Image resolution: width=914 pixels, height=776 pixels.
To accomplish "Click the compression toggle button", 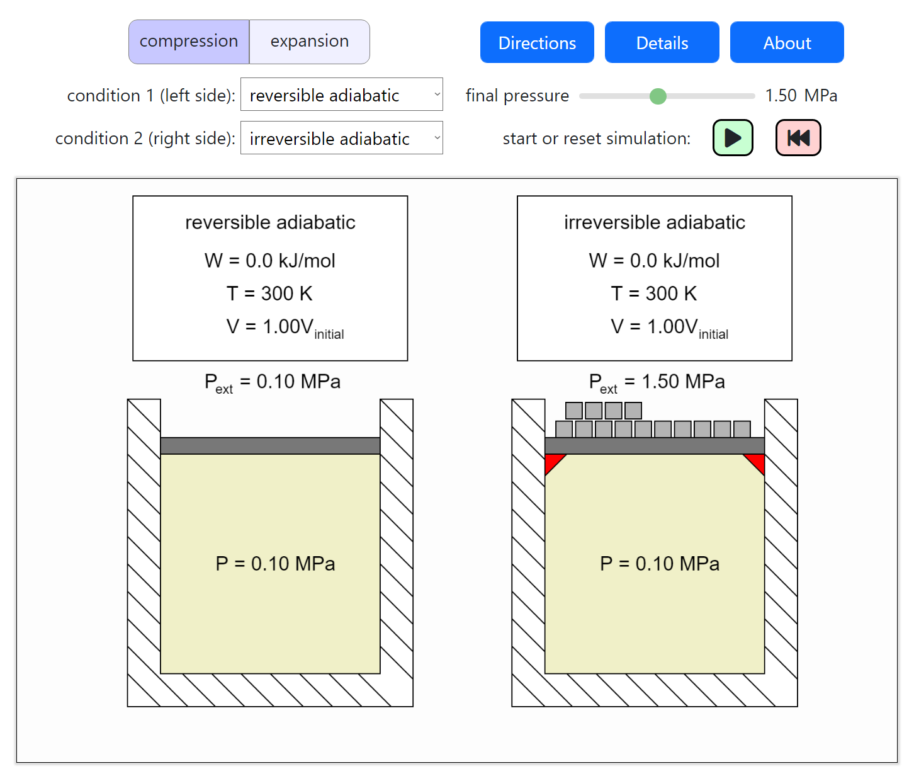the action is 189,42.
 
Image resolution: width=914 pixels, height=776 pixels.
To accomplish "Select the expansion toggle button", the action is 310,42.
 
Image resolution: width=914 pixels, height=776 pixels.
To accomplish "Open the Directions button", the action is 537,42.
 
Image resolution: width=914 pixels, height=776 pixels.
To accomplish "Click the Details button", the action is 662,42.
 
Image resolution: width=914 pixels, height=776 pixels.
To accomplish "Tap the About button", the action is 787,42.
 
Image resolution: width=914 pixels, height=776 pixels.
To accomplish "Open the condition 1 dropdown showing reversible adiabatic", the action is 341,94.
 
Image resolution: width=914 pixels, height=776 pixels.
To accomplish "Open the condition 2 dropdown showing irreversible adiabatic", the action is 341,138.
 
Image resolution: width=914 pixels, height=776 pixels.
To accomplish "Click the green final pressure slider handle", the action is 658,96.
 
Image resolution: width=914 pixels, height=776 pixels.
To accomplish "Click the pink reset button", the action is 798,137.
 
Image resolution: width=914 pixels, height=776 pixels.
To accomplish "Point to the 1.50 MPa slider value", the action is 801,96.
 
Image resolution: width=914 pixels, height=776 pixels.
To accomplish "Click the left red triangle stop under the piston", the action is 555,464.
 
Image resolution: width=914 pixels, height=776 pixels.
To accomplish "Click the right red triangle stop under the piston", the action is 755,464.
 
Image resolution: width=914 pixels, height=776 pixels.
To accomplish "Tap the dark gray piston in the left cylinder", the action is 270,445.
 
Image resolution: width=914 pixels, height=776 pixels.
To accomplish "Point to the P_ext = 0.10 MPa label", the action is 273,383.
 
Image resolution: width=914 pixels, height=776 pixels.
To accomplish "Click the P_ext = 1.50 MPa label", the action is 657,383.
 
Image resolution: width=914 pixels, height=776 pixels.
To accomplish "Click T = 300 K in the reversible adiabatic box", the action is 270,294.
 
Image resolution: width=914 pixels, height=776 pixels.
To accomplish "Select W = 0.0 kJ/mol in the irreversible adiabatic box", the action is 654,261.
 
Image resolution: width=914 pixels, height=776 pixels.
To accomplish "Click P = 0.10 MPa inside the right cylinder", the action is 659,564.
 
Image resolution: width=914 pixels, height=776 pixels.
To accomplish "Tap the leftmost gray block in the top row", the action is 573,411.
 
